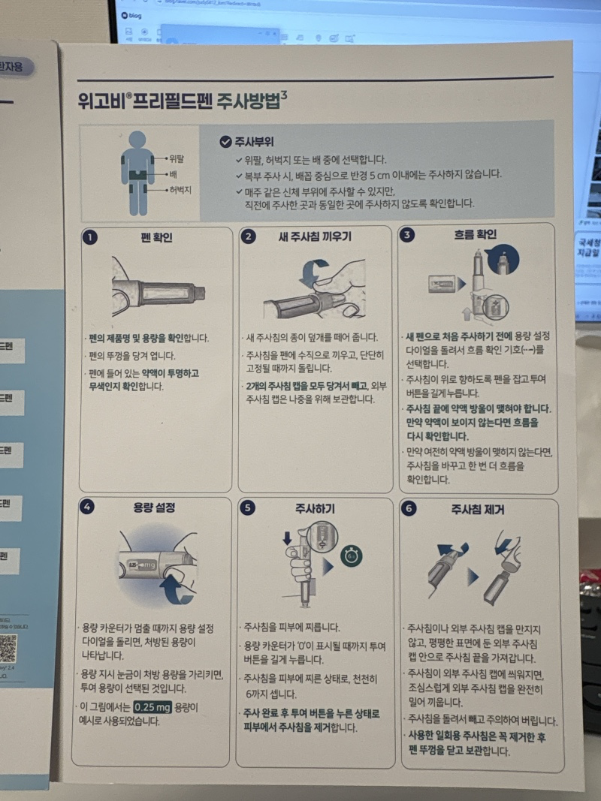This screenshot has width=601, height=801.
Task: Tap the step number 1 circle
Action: coord(90,237)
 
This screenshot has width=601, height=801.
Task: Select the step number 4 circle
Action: coord(88,507)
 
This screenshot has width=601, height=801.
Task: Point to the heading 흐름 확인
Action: coord(475,235)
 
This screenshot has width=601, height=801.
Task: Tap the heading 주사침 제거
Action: coord(477,510)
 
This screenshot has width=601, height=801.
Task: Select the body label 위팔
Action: coord(177,158)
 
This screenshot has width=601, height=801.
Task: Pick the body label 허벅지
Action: coord(180,191)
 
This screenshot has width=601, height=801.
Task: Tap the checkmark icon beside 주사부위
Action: coord(225,141)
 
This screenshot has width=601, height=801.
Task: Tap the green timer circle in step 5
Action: coord(350,557)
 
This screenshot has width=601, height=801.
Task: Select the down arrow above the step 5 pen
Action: coord(287,538)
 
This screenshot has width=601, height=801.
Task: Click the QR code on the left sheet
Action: coord(8,648)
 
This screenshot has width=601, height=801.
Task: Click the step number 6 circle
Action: coord(409,509)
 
